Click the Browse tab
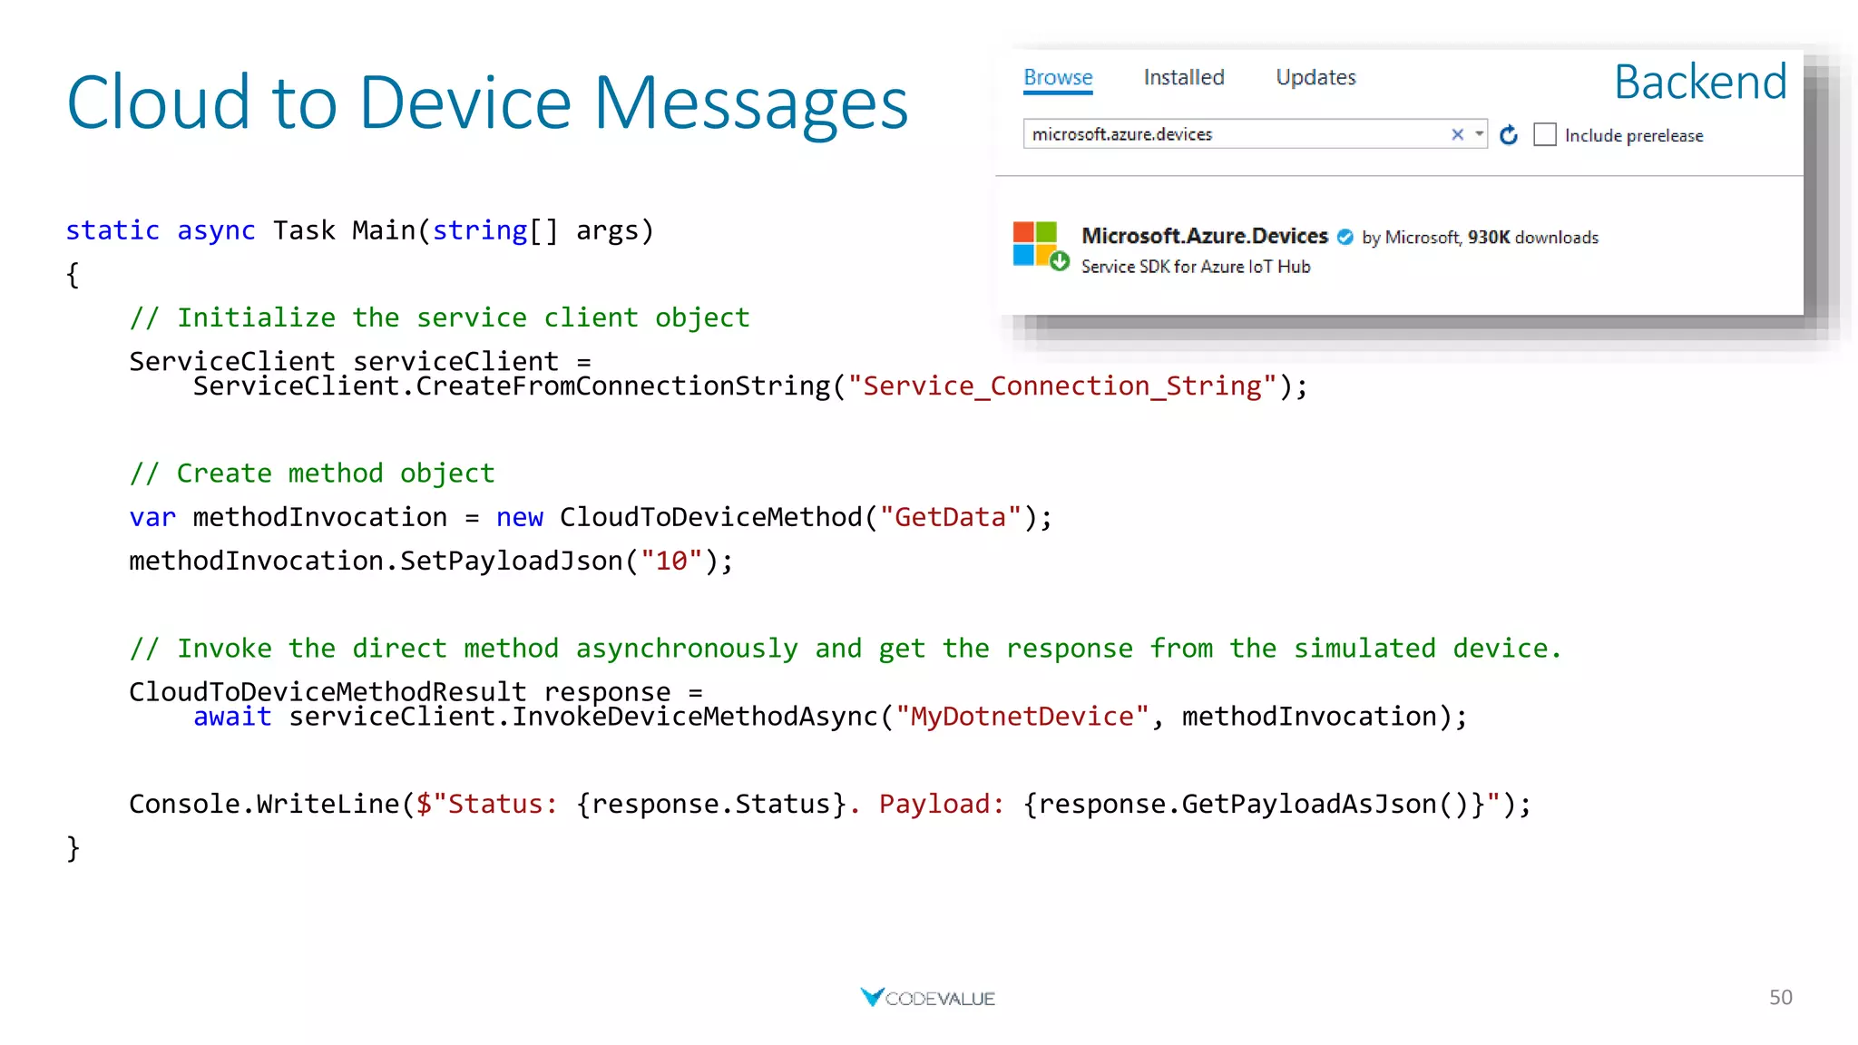click(x=1058, y=78)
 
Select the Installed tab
click(x=1184, y=78)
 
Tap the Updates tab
click(x=1315, y=78)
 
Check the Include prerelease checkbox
click(x=1545, y=135)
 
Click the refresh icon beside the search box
click(x=1509, y=135)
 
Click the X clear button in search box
click(x=1457, y=134)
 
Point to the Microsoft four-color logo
click(x=1035, y=243)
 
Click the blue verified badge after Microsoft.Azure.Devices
click(x=1345, y=238)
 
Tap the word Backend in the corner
click(x=1700, y=83)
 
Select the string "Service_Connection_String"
click(x=1061, y=386)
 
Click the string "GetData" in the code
click(x=950, y=517)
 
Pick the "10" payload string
click(x=671, y=562)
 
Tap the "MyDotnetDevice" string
click(x=1022, y=717)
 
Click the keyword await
click(x=232, y=717)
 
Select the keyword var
click(x=152, y=517)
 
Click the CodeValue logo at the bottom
click(x=927, y=998)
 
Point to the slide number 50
click(x=1780, y=998)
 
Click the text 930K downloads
click(x=1533, y=238)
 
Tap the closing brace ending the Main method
click(x=73, y=848)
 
